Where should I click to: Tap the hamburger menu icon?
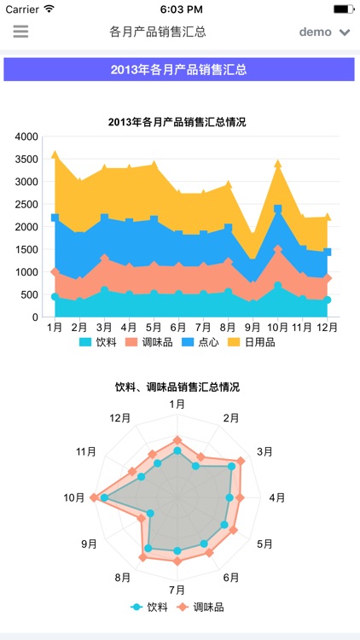coord(20,32)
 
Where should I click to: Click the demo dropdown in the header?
coord(324,32)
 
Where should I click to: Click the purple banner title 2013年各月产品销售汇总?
coord(179,69)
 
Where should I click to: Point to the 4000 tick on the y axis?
coord(26,137)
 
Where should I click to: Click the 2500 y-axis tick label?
coord(26,205)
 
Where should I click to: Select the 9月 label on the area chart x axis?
coord(252,328)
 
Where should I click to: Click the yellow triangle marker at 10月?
coord(278,163)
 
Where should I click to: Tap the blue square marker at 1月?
coord(55,218)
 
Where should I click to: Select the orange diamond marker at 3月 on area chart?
coord(105,259)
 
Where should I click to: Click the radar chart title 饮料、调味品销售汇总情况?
coord(177,387)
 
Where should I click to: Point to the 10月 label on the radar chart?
coord(75,498)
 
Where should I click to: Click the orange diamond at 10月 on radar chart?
coord(95,497)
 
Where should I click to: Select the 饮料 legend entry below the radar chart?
coord(149,608)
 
